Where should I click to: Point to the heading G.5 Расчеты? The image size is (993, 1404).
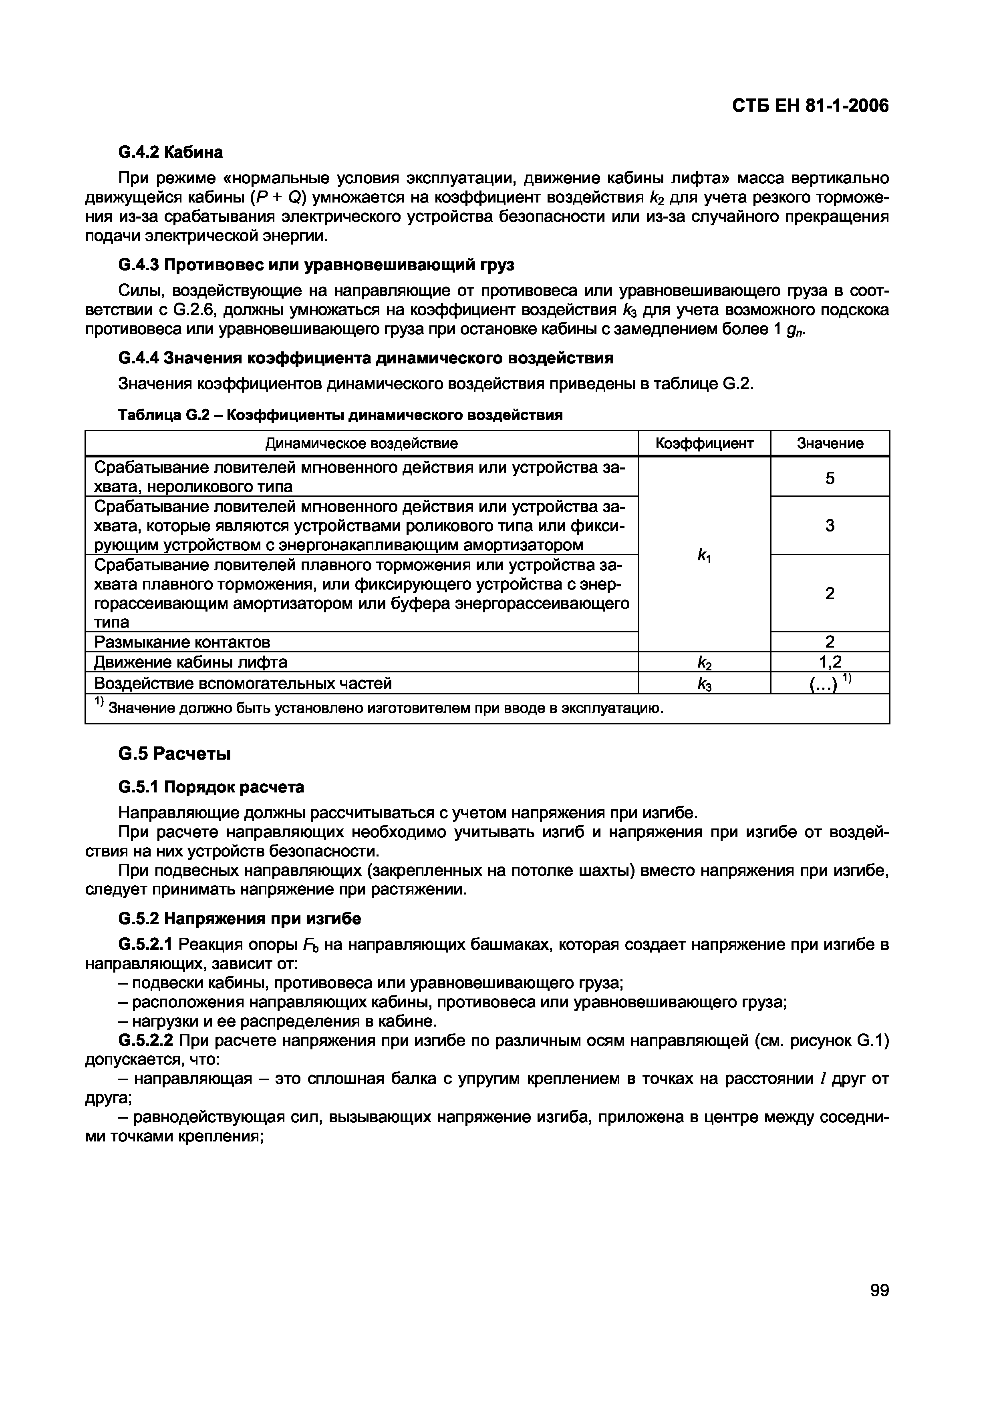coord(174,754)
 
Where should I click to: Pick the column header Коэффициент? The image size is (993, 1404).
coord(704,443)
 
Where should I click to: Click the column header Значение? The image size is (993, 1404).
coord(830,443)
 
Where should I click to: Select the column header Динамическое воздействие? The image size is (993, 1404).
coord(362,443)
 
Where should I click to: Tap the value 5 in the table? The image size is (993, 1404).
coord(830,478)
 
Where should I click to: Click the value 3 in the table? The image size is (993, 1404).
coord(830,525)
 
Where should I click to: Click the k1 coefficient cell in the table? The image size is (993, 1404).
coord(704,555)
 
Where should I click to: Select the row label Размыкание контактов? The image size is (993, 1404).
coord(182,642)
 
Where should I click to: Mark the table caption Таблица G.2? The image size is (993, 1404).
coord(340,416)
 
